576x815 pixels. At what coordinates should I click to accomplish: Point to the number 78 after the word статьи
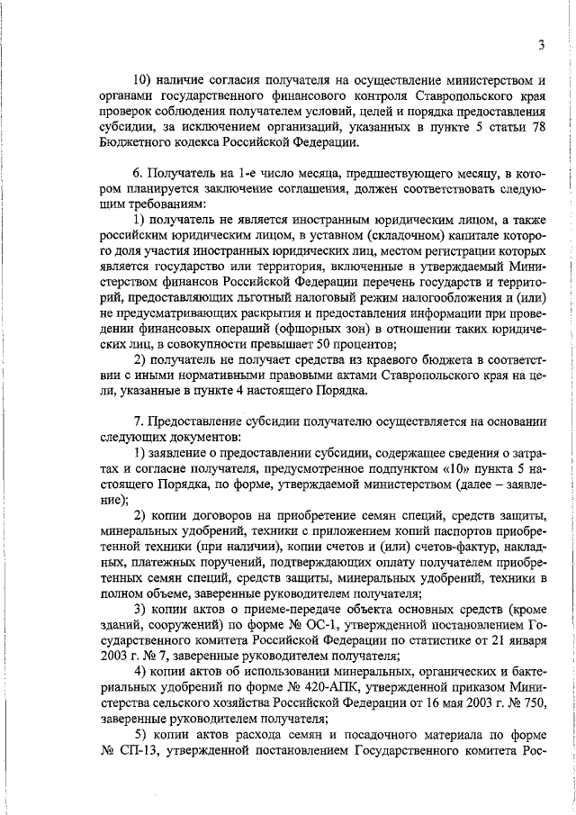tap(537, 133)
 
